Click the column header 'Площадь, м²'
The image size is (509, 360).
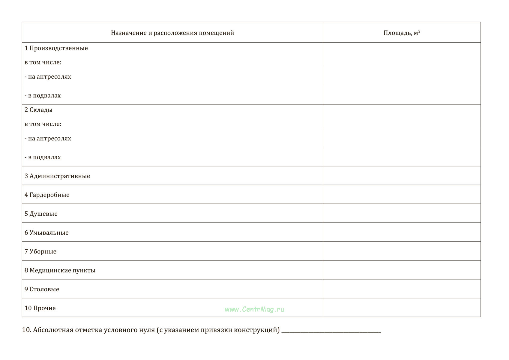coord(402,33)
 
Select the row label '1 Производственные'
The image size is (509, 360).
coord(56,48)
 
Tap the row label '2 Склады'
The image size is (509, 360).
coord(38,110)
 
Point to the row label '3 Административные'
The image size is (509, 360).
coord(57,176)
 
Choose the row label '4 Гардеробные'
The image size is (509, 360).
coord(47,195)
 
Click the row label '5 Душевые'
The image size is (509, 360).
coord(41,214)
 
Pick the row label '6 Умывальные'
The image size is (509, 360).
coord(46,233)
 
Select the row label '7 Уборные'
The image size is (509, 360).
coord(40,252)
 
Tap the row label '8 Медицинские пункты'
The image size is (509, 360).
coord(60,271)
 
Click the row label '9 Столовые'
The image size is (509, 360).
coord(42,289)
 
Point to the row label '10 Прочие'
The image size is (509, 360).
coord(40,308)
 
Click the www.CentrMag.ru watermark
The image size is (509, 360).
coord(254,309)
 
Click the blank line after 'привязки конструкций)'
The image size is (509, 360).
coord(331,331)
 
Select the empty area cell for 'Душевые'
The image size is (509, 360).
coord(402,213)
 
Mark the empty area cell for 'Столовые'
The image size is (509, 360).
coord(402,289)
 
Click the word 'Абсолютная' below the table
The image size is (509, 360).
coord(53,330)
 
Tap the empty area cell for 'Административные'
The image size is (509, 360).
coord(402,175)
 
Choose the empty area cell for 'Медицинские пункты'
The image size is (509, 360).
coord(402,270)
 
